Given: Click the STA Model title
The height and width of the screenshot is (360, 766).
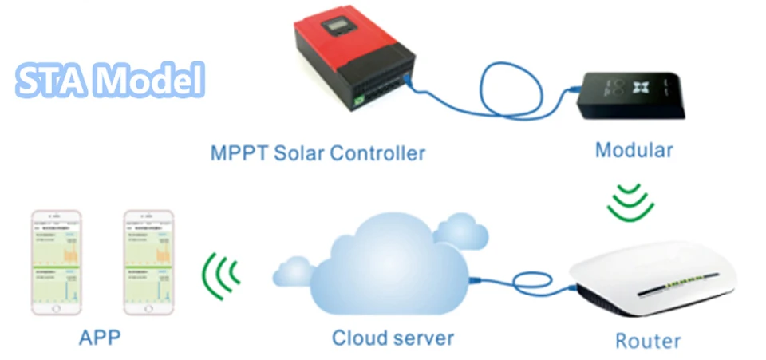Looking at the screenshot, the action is point(110,81).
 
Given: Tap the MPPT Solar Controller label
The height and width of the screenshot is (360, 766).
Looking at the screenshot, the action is point(318,152).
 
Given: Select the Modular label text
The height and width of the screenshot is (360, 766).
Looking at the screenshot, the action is point(634,149).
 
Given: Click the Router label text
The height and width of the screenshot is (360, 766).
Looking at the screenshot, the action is point(648,341).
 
